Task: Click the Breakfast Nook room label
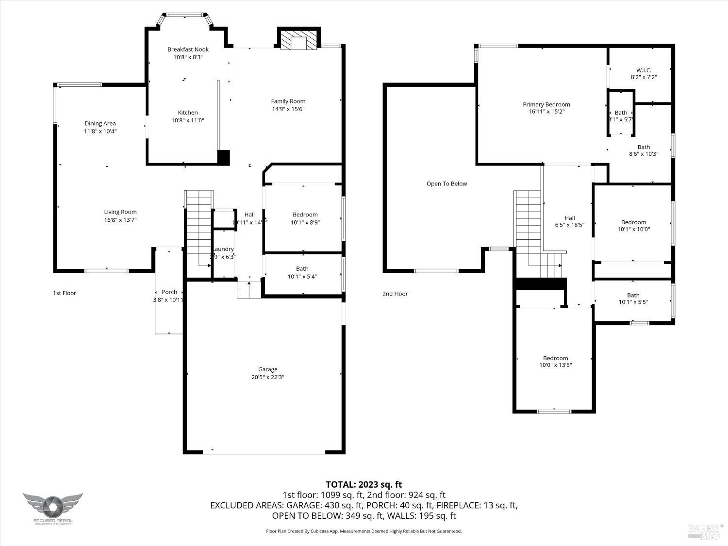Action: [188, 50]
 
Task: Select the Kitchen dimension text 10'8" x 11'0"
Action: [188, 120]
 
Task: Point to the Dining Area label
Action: [100, 124]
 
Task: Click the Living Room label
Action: [120, 212]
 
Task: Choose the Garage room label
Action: [267, 369]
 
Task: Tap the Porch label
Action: [169, 292]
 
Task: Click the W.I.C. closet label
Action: [644, 70]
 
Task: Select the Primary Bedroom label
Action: [546, 105]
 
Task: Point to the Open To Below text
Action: [447, 184]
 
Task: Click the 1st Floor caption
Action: [65, 293]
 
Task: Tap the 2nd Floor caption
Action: [395, 294]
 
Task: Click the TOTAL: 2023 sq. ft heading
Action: [364, 484]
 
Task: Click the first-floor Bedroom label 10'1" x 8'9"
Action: [305, 215]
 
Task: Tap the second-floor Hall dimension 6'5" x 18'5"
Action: [569, 225]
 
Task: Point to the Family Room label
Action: [288, 101]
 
